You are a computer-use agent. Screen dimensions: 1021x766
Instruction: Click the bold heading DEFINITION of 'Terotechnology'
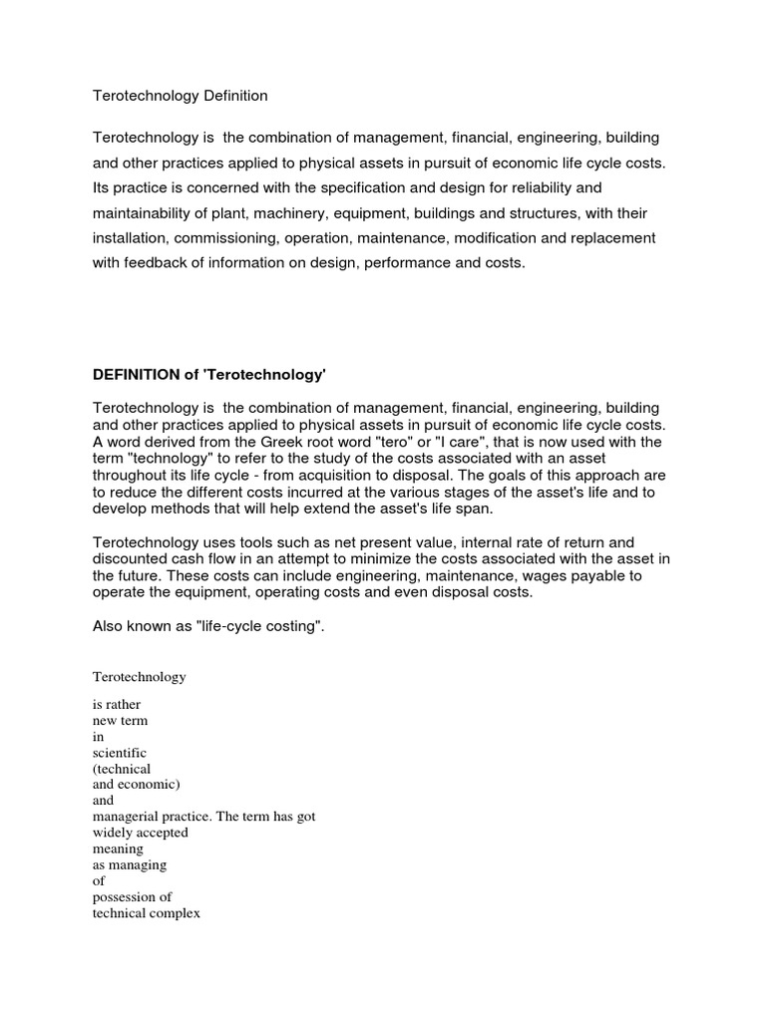click(x=209, y=375)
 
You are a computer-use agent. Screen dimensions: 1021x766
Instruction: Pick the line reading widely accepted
click(x=140, y=833)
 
